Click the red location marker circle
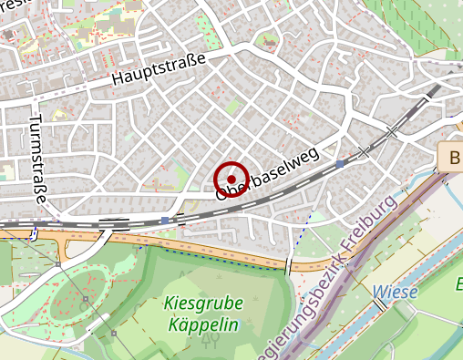pos(231,179)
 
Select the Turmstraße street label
pos(39,159)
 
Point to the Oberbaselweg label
pos(267,173)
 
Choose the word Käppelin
pos(202,324)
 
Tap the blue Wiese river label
pos(395,293)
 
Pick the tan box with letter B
pos(452,157)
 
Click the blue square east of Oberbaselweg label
pos(340,163)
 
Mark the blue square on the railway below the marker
pos(164,221)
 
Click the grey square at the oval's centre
pos(86,298)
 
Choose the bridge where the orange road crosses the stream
pos(289,265)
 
